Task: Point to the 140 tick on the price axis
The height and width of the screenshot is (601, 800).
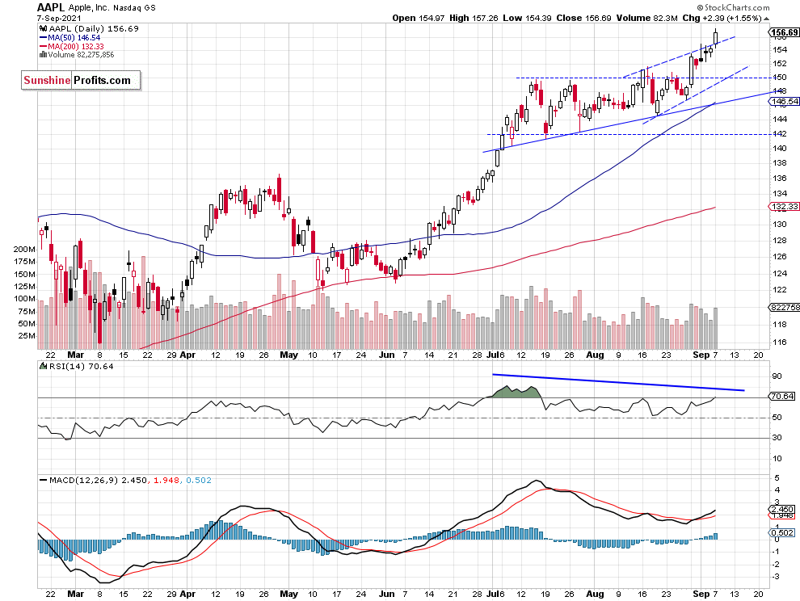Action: [777, 149]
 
